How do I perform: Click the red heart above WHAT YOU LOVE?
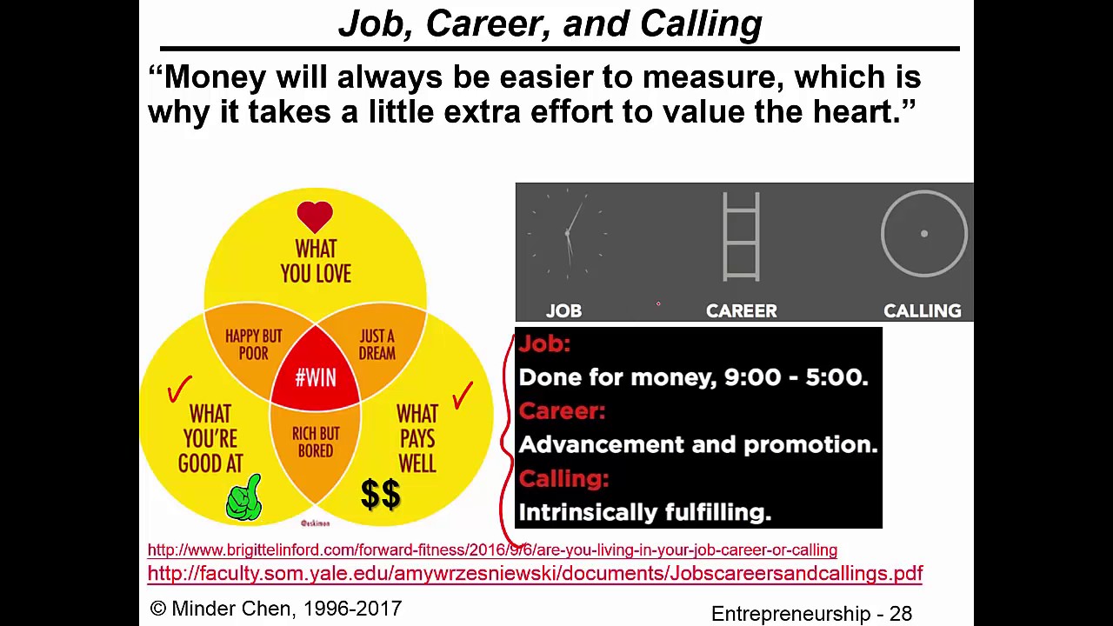tap(315, 216)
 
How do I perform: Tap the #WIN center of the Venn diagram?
tap(315, 378)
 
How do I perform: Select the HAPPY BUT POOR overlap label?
tap(253, 344)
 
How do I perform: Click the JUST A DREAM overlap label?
tap(377, 344)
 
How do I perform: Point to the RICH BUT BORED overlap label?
tap(316, 442)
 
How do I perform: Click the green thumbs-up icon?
tap(244, 498)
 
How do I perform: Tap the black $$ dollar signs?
tap(381, 494)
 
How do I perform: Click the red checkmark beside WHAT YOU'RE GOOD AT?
tap(180, 390)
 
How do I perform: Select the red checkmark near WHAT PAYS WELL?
tap(463, 396)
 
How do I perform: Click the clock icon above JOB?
tap(567, 233)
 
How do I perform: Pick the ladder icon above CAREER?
tap(741, 236)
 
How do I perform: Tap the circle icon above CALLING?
tap(923, 233)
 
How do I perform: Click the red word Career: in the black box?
tap(562, 410)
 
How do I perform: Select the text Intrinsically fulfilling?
tap(644, 512)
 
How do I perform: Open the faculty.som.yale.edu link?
tap(535, 573)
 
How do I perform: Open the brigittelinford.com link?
tap(492, 549)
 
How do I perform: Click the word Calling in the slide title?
tap(701, 23)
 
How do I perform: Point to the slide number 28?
tap(900, 613)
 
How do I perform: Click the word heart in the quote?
tap(856, 111)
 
